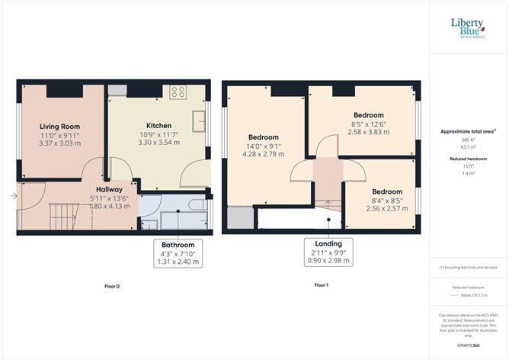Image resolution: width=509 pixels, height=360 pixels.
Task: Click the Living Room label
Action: [x=59, y=127]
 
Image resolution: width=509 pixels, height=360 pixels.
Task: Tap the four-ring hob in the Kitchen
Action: [x=178, y=92]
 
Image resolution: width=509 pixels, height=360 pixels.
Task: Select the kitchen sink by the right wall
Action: [x=198, y=121]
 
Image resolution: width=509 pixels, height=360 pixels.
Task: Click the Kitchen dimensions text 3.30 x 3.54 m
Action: [x=158, y=142]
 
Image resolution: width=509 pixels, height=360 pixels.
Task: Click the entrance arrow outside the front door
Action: [x=14, y=196]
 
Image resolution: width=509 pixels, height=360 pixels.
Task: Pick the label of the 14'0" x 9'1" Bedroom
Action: [x=263, y=137]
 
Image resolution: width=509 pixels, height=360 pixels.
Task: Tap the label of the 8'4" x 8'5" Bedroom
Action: [x=386, y=191]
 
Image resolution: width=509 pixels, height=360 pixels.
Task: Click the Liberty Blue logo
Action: [x=468, y=27]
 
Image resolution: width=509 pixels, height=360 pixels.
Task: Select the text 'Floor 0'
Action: [x=111, y=286]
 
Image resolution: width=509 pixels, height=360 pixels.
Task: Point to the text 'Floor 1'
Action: [x=321, y=286]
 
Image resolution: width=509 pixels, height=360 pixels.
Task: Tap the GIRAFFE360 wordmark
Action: [x=469, y=346]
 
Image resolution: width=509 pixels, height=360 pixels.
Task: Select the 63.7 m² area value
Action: [x=468, y=148]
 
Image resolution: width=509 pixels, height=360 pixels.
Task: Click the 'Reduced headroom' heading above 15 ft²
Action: [x=468, y=159]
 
